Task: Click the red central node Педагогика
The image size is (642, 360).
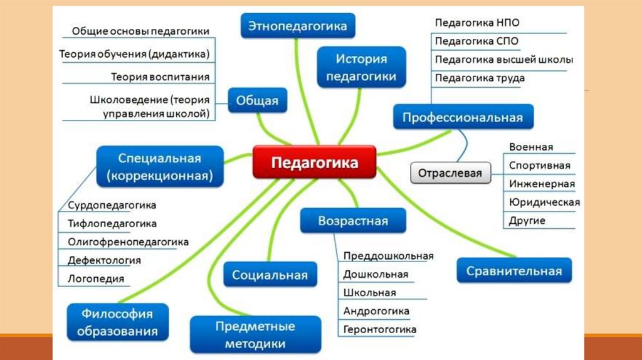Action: click(314, 162)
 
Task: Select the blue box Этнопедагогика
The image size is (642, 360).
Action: click(297, 27)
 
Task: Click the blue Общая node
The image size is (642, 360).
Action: click(257, 100)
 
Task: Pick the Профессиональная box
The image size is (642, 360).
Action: click(463, 117)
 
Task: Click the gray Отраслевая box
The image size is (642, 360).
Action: click(450, 172)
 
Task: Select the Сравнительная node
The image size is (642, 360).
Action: click(513, 272)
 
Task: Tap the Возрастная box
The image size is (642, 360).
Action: click(352, 221)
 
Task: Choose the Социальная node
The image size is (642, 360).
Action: click(270, 275)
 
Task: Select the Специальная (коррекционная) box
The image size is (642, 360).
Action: click(160, 167)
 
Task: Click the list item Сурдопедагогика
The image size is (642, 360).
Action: click(112, 205)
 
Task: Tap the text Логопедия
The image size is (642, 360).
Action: click(96, 278)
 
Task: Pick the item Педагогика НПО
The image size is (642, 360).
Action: click(476, 23)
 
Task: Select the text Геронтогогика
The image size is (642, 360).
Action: click(379, 329)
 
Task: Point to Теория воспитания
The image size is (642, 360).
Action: click(160, 77)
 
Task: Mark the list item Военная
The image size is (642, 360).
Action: click(531, 147)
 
